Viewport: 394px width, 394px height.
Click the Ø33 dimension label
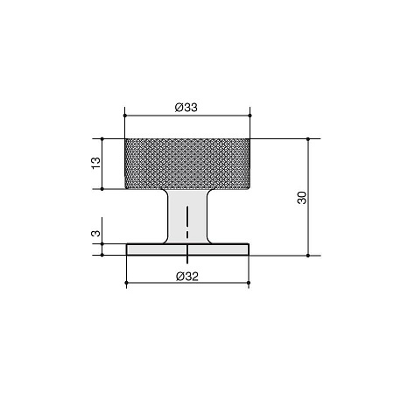point(186,108)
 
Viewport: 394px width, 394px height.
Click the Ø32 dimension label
point(187,277)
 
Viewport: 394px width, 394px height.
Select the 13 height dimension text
point(95,163)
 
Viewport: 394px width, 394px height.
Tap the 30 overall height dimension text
point(302,198)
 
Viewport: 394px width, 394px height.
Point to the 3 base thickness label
point(95,234)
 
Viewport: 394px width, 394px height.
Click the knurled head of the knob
point(187,164)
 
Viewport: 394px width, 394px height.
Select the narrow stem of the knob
point(187,216)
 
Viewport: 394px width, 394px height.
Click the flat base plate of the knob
point(187,250)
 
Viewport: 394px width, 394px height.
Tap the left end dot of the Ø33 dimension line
point(125,116)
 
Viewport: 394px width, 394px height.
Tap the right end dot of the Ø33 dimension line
point(250,116)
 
